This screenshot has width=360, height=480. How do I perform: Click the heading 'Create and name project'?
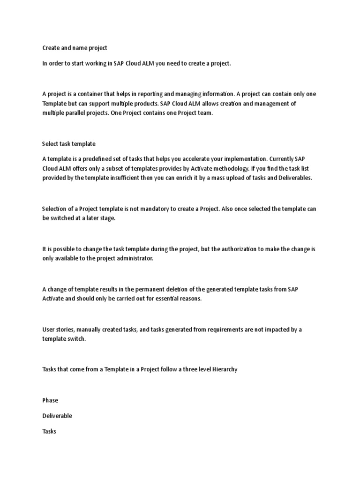coord(75,48)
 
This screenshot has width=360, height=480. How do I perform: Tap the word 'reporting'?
coord(160,93)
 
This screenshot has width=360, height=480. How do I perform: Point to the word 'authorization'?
coord(234,249)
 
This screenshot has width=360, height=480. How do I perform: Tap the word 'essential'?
coord(160,299)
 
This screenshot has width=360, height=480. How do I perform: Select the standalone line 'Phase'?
coord(50,400)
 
